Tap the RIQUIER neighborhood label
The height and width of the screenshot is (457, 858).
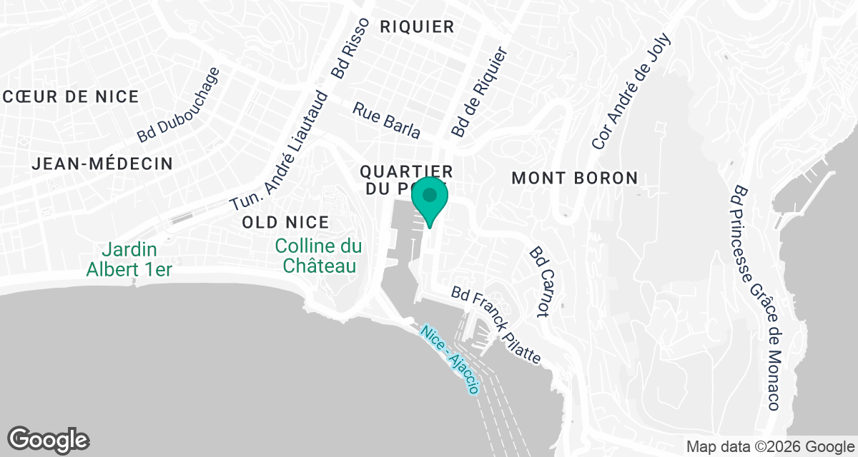(x=418, y=27)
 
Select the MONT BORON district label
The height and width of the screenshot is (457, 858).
(x=575, y=179)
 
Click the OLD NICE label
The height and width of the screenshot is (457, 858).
(x=285, y=222)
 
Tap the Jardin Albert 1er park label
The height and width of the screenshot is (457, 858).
(x=130, y=259)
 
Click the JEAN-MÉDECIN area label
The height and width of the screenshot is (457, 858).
(x=102, y=164)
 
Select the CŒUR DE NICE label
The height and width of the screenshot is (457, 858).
(x=71, y=97)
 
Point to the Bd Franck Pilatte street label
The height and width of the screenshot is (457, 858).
(x=496, y=326)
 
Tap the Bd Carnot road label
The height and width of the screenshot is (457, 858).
(x=543, y=282)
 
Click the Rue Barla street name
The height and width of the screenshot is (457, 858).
(x=387, y=119)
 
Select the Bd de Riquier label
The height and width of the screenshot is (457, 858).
(x=479, y=93)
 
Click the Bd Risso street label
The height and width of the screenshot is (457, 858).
(x=350, y=48)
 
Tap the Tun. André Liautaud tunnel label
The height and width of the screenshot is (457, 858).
(x=280, y=151)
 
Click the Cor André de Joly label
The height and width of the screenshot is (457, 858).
(x=632, y=91)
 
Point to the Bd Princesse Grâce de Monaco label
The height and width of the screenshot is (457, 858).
(x=756, y=298)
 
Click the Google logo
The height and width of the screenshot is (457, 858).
(x=49, y=439)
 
